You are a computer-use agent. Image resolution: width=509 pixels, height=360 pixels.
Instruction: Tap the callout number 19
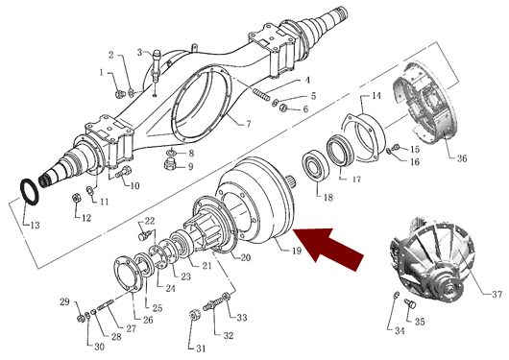pos(296,251)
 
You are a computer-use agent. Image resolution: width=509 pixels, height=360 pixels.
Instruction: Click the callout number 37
pos(497,294)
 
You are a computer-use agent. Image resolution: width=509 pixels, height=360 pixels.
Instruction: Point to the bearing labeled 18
pos(316,164)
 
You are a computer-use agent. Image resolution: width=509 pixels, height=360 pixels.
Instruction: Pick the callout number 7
pos(249,124)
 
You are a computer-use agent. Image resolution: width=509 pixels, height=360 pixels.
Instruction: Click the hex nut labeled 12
pos(76,198)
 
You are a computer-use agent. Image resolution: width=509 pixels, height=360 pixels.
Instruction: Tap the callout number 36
pos(462,158)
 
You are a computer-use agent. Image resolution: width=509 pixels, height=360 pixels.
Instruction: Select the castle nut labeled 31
pos(194,316)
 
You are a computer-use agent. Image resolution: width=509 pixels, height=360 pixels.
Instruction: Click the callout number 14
pos(376,96)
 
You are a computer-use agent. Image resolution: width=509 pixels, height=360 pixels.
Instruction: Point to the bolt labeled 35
pos(410,304)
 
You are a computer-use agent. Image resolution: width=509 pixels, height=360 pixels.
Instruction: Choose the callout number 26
pos(148,320)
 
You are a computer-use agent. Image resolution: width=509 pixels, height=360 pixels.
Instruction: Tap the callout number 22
pos(150,222)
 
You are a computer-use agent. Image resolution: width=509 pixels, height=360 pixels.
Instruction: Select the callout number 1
pos(101,72)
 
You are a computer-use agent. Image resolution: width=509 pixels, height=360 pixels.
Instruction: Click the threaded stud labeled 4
pos(261,94)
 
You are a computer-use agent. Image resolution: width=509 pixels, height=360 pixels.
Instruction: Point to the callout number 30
pos(99,347)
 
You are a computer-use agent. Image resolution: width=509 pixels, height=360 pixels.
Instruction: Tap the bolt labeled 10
pos(124,171)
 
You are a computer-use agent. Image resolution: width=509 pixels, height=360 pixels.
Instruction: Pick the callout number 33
pos(241,318)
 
